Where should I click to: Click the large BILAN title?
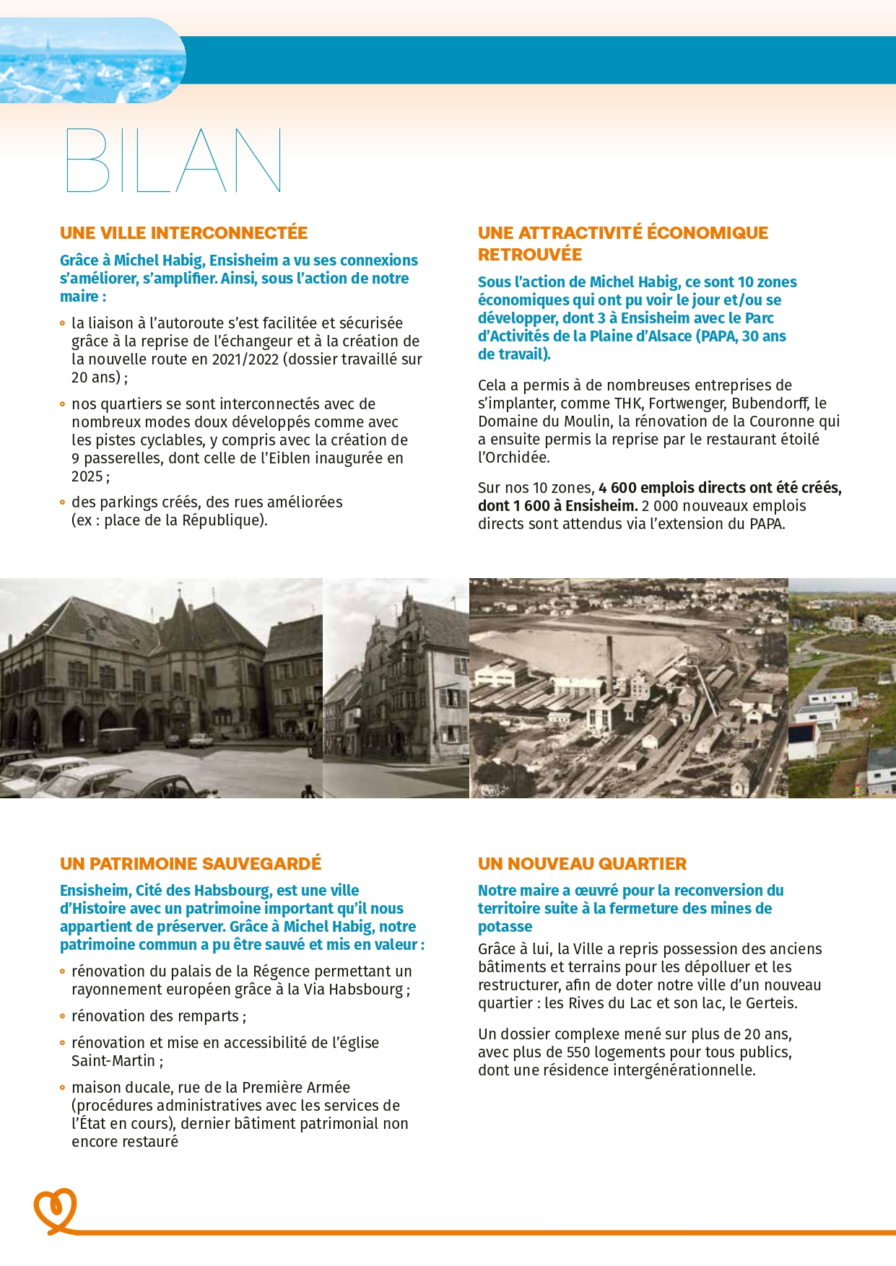[x=173, y=161]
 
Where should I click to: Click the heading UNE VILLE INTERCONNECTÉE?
[x=183, y=233]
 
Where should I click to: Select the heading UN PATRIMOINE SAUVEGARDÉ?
[x=191, y=863]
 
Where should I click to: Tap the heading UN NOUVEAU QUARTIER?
[x=582, y=863]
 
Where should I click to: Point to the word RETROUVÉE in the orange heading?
[x=529, y=255]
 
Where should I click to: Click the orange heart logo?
[x=55, y=1210]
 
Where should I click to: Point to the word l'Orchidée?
[x=513, y=458]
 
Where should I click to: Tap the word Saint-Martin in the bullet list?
[x=113, y=1061]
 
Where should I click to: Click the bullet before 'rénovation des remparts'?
[x=63, y=1016]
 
